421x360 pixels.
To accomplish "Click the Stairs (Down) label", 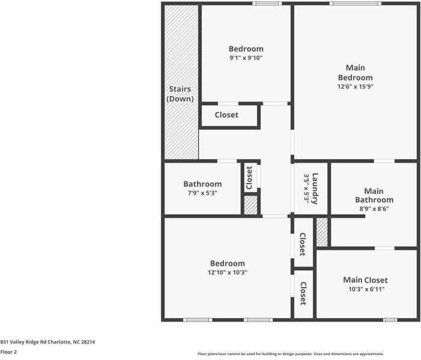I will tap(180, 94).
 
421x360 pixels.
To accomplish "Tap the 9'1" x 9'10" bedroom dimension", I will tap(246, 58).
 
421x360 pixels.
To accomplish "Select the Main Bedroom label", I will tap(355, 73).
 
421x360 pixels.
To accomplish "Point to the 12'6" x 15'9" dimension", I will tap(355, 86).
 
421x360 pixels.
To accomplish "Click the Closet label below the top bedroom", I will tap(226, 115).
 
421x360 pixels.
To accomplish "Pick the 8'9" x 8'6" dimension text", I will tap(374, 209).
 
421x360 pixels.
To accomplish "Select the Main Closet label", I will tap(365, 280).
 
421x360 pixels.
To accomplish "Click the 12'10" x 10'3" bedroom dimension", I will tap(228, 272).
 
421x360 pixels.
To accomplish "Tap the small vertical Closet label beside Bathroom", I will tap(249, 178).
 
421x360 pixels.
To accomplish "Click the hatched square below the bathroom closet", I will tap(251, 205).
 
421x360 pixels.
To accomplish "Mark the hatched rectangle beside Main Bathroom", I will tap(322, 232).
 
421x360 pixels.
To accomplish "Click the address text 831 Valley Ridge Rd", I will tap(47, 341).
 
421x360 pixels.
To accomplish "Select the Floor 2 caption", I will tap(8, 352).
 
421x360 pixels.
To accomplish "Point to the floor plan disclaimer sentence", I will tap(290, 354).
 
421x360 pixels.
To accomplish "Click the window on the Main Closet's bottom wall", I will tap(390, 320).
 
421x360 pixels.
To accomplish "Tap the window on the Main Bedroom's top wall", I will tap(355, 4).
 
